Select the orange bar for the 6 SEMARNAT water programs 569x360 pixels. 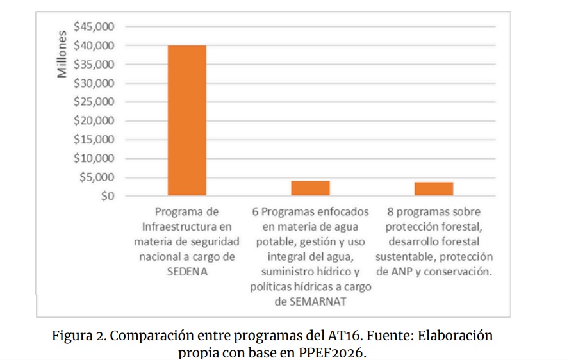coord(310,188)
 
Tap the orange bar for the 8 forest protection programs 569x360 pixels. coord(434,189)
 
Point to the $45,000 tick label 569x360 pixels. coord(94,27)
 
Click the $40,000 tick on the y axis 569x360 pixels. coord(94,45)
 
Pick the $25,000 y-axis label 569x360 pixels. coord(94,102)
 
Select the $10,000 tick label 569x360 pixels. coord(94,158)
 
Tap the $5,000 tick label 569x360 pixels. coord(97,177)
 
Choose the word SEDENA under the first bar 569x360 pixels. coord(187,272)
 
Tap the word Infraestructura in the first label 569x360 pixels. coord(186,227)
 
